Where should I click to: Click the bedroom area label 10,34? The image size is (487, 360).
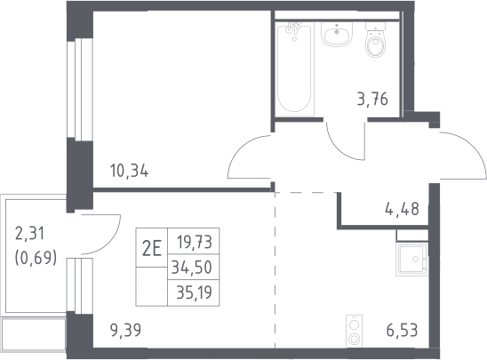coord(130,172)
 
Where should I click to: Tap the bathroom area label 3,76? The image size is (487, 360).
coord(372,100)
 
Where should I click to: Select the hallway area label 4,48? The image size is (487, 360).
coord(402,209)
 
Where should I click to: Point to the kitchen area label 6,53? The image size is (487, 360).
coord(402,330)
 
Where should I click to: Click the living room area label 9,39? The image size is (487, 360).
coord(126,330)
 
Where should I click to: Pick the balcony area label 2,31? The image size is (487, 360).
coord(30,234)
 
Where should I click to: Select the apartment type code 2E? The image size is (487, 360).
coord(152,250)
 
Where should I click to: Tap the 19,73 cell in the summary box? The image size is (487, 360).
coord(195,243)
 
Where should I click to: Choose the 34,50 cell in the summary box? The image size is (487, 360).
coord(192,268)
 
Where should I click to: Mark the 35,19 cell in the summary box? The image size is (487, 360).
coord(194,292)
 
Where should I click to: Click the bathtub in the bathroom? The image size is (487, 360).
coord(294,69)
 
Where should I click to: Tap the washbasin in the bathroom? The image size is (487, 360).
coord(337,34)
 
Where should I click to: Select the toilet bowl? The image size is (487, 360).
coord(376,39)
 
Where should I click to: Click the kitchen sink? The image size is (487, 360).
coord(412,260)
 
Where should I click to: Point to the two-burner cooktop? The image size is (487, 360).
coord(354,331)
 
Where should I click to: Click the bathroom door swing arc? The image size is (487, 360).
coord(339,150)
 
